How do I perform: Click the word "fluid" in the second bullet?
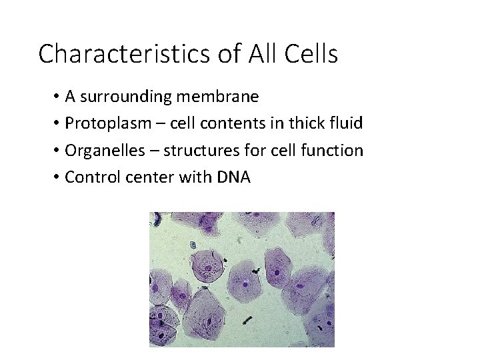point(347,123)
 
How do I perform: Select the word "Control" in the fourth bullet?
point(90,177)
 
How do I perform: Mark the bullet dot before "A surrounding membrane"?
point(57,97)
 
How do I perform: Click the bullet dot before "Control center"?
point(57,178)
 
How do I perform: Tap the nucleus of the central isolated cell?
point(245,283)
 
